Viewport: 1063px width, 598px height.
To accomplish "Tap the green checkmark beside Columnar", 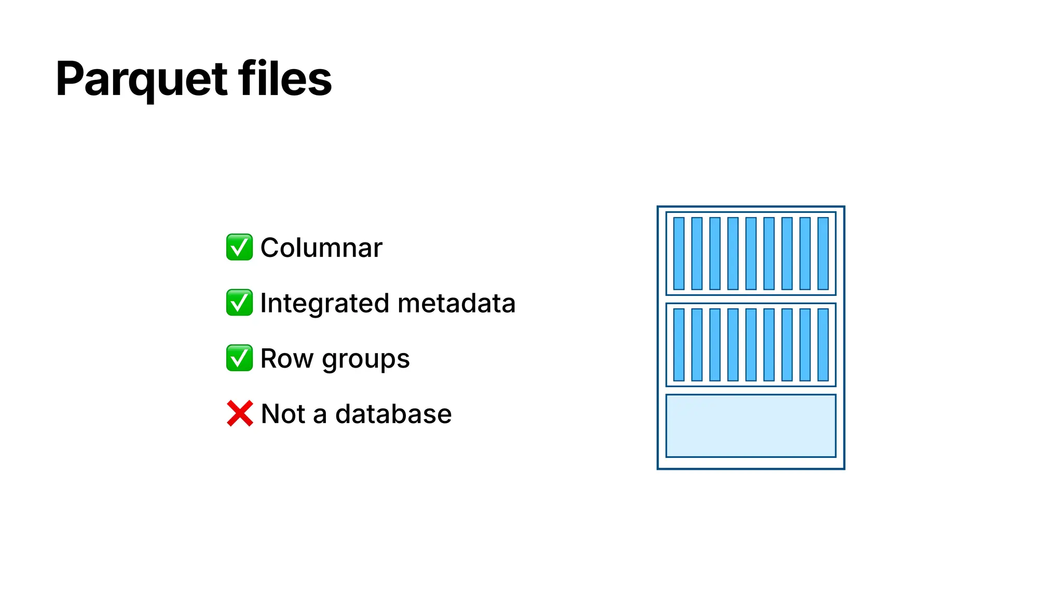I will click(239, 247).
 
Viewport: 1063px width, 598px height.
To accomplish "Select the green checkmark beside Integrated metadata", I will click(239, 303).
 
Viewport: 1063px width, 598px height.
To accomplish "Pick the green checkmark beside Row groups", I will click(239, 358).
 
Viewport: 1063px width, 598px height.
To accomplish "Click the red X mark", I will click(240, 414).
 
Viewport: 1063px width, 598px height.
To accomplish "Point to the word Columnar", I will click(321, 248).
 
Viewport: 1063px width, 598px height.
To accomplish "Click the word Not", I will click(283, 414).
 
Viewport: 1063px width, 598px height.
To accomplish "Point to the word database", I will click(393, 414).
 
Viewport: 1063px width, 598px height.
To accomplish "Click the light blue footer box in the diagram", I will click(751, 426).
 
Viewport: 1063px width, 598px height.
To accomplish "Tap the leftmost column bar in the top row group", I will click(679, 253).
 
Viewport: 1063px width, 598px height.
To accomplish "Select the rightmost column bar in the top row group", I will click(823, 253).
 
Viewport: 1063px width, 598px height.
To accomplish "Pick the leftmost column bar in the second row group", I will click(679, 345).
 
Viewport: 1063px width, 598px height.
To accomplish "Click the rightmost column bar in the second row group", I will click(823, 345).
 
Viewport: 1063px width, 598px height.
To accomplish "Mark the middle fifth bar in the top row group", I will click(751, 253).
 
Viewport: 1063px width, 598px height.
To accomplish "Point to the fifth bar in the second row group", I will click(751, 345).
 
